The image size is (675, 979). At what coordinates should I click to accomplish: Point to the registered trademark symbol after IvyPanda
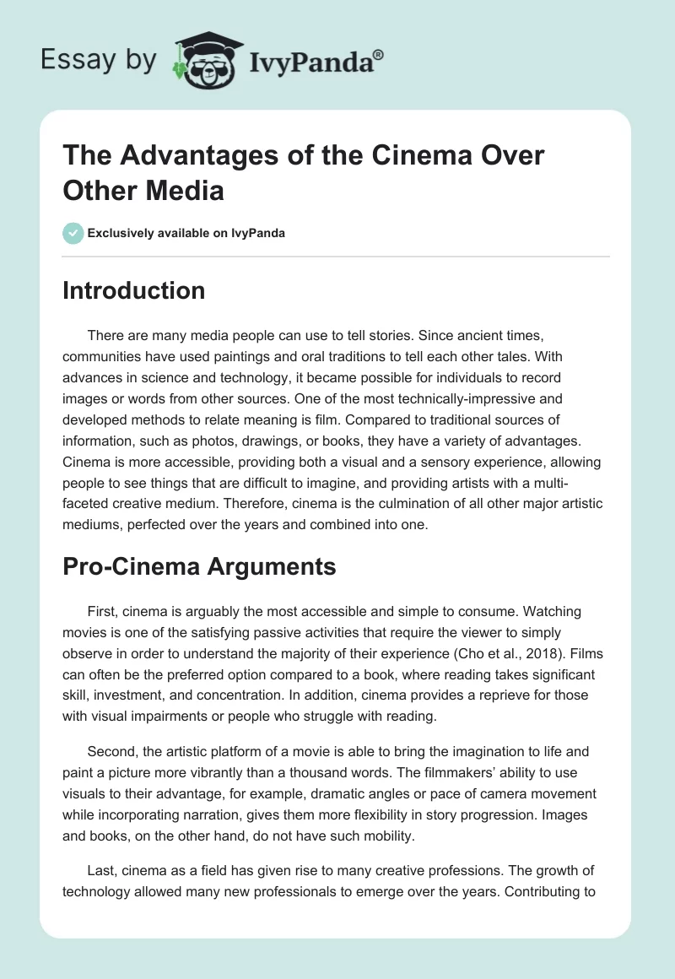379,54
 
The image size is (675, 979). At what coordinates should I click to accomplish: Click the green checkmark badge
73,233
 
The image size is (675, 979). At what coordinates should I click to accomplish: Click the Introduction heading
134,290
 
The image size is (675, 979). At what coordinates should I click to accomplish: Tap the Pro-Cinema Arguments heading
199,567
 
